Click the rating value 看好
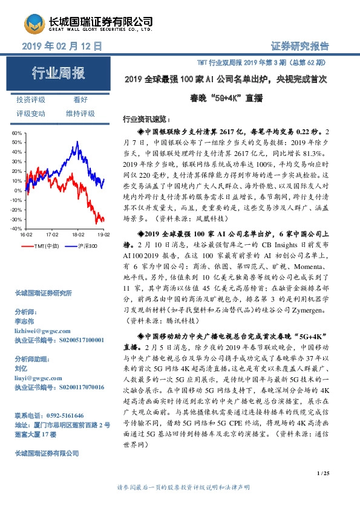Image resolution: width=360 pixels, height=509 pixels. click(x=80, y=100)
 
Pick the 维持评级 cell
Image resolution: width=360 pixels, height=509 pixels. click(x=80, y=113)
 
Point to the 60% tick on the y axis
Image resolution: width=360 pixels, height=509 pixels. click(x=17, y=133)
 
